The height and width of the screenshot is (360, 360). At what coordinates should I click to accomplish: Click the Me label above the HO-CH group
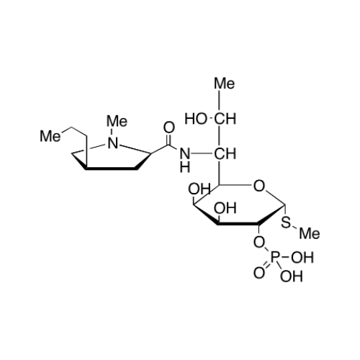click(x=224, y=84)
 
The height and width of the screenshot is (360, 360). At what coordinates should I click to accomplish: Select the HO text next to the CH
click(x=195, y=119)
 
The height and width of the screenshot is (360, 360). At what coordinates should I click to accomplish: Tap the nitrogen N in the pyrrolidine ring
click(x=113, y=143)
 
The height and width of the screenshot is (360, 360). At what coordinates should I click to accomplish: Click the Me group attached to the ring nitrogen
click(x=117, y=121)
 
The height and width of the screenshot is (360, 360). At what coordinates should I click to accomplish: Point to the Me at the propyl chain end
click(x=50, y=136)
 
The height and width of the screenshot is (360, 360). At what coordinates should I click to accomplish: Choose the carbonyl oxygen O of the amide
click(x=169, y=127)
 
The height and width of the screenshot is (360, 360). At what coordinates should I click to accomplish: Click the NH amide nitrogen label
click(x=185, y=160)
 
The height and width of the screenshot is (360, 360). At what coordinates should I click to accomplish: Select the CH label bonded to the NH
click(x=225, y=154)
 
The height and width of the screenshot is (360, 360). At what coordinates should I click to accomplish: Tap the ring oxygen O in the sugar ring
click(x=259, y=186)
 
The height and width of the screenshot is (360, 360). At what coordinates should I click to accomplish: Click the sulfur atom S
click(x=286, y=222)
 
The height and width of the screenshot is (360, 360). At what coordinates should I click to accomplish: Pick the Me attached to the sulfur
click(x=310, y=233)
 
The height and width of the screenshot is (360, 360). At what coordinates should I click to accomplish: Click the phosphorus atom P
click(x=275, y=257)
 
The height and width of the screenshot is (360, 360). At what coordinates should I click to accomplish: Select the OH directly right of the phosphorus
click(x=302, y=257)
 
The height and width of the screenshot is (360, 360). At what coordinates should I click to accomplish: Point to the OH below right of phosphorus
click(x=291, y=276)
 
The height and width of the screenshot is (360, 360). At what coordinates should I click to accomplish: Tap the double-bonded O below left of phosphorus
click(x=259, y=273)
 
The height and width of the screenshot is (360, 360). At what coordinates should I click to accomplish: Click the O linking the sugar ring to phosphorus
click(x=259, y=243)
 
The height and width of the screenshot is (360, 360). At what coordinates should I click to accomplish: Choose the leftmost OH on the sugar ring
click(x=199, y=189)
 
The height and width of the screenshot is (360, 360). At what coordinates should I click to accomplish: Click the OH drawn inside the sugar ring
click(x=225, y=208)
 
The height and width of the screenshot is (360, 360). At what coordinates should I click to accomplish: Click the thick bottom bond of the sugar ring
click(x=238, y=223)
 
